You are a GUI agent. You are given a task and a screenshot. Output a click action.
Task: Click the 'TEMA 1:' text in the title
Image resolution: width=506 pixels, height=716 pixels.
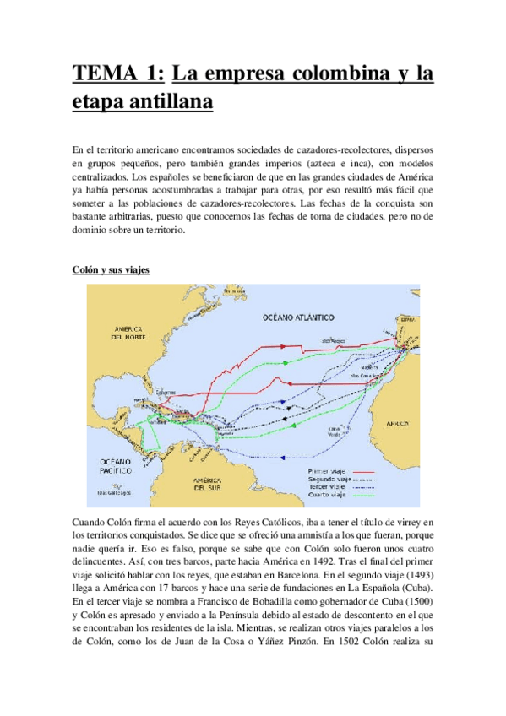click(x=118, y=73)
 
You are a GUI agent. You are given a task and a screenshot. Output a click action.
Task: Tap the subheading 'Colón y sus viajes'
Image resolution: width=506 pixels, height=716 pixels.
click(x=111, y=269)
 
